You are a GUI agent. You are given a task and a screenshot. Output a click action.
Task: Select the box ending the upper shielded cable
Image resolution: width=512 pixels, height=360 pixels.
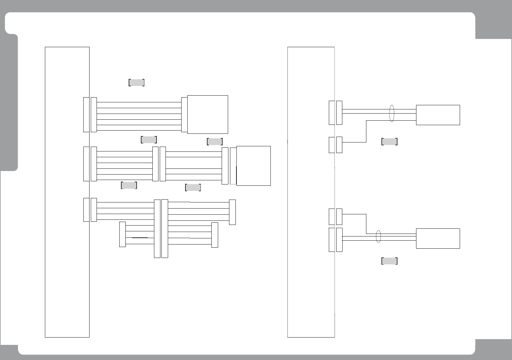click(x=438, y=115)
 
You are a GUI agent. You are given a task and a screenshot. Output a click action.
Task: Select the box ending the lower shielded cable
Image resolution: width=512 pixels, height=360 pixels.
click(x=438, y=238)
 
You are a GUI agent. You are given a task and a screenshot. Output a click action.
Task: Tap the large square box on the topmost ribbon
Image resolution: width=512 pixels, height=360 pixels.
click(x=208, y=114)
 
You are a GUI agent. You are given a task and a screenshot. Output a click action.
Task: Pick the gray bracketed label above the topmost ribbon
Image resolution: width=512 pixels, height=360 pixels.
click(x=136, y=82)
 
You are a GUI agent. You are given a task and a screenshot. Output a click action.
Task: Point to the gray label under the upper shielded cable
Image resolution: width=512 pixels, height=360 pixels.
click(x=389, y=141)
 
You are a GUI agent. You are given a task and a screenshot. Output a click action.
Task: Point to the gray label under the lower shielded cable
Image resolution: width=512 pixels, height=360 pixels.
click(x=389, y=261)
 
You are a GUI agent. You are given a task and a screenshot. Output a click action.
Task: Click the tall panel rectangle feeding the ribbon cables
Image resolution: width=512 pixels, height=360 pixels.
click(x=67, y=192)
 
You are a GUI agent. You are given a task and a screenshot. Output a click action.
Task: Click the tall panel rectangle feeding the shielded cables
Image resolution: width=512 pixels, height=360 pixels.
click(x=311, y=192)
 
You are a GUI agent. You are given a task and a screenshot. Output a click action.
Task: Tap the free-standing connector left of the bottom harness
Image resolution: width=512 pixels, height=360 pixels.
click(x=122, y=234)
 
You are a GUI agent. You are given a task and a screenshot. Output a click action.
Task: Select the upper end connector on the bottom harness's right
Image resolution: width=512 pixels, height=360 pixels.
click(x=232, y=212)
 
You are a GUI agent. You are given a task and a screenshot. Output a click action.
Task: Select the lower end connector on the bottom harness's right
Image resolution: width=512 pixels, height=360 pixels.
click(x=215, y=235)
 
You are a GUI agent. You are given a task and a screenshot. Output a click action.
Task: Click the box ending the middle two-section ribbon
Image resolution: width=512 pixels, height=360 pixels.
click(x=253, y=166)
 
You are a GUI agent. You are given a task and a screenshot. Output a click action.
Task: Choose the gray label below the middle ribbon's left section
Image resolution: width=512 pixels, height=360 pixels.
click(x=129, y=185)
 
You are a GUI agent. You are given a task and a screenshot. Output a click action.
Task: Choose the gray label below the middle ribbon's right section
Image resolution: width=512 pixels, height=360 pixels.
click(x=193, y=188)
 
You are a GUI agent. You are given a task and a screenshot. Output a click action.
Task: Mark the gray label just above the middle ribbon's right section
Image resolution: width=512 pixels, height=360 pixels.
click(x=215, y=141)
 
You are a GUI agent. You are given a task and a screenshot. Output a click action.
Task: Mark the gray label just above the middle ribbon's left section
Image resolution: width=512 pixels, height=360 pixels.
click(x=149, y=140)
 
